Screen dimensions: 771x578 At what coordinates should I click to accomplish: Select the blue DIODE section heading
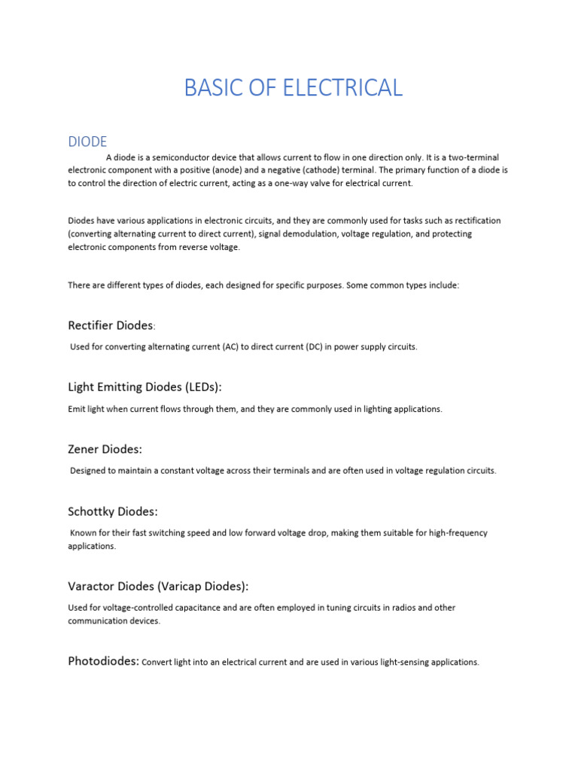coord(87,142)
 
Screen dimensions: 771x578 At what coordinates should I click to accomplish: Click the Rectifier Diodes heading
coord(111,325)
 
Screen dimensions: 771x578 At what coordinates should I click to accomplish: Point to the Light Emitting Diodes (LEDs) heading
coord(144,387)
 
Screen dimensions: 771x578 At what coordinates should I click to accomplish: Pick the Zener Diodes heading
coord(105,449)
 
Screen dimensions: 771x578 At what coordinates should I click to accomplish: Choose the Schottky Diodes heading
coord(113,511)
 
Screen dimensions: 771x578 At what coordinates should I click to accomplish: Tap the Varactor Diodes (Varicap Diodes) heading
coord(158,586)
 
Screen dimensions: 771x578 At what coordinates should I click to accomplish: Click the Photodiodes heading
coord(103,661)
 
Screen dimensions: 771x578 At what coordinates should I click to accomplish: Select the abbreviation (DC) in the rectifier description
coord(314,346)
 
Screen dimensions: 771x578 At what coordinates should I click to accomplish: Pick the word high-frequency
coord(458,532)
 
